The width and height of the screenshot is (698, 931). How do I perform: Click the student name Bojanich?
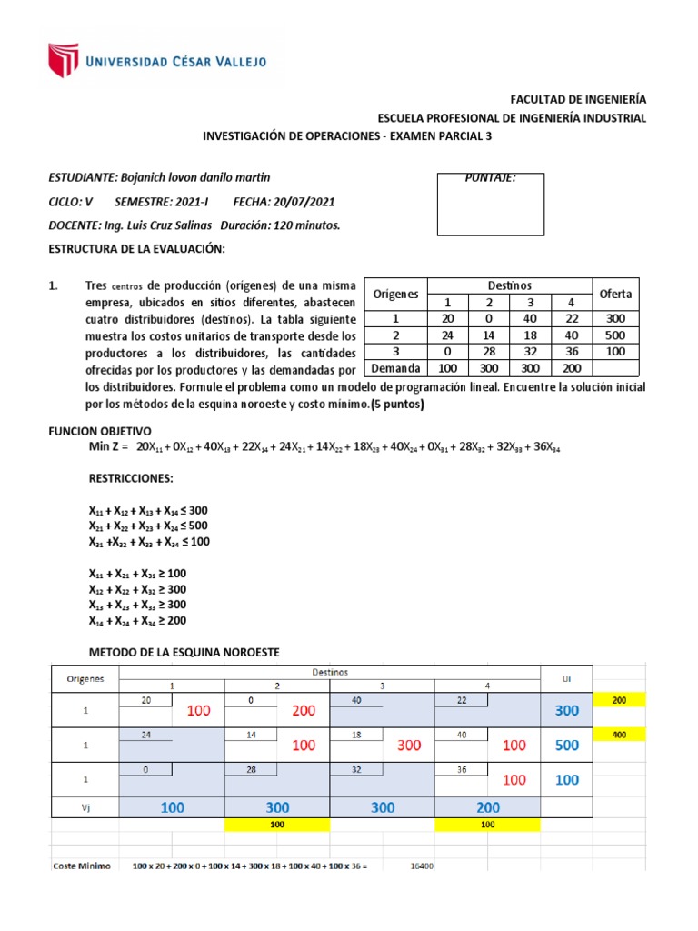tap(147, 176)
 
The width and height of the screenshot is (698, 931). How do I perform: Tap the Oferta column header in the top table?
tap(614, 294)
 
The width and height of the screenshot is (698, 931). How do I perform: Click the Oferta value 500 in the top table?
tap(614, 335)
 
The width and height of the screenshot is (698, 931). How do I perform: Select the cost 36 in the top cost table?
tap(569, 352)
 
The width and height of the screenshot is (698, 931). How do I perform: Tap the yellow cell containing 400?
tap(618, 735)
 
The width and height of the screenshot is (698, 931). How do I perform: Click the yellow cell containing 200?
tap(618, 699)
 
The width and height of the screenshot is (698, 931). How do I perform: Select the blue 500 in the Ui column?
tap(566, 745)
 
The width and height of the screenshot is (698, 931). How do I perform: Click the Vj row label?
tap(85, 806)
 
